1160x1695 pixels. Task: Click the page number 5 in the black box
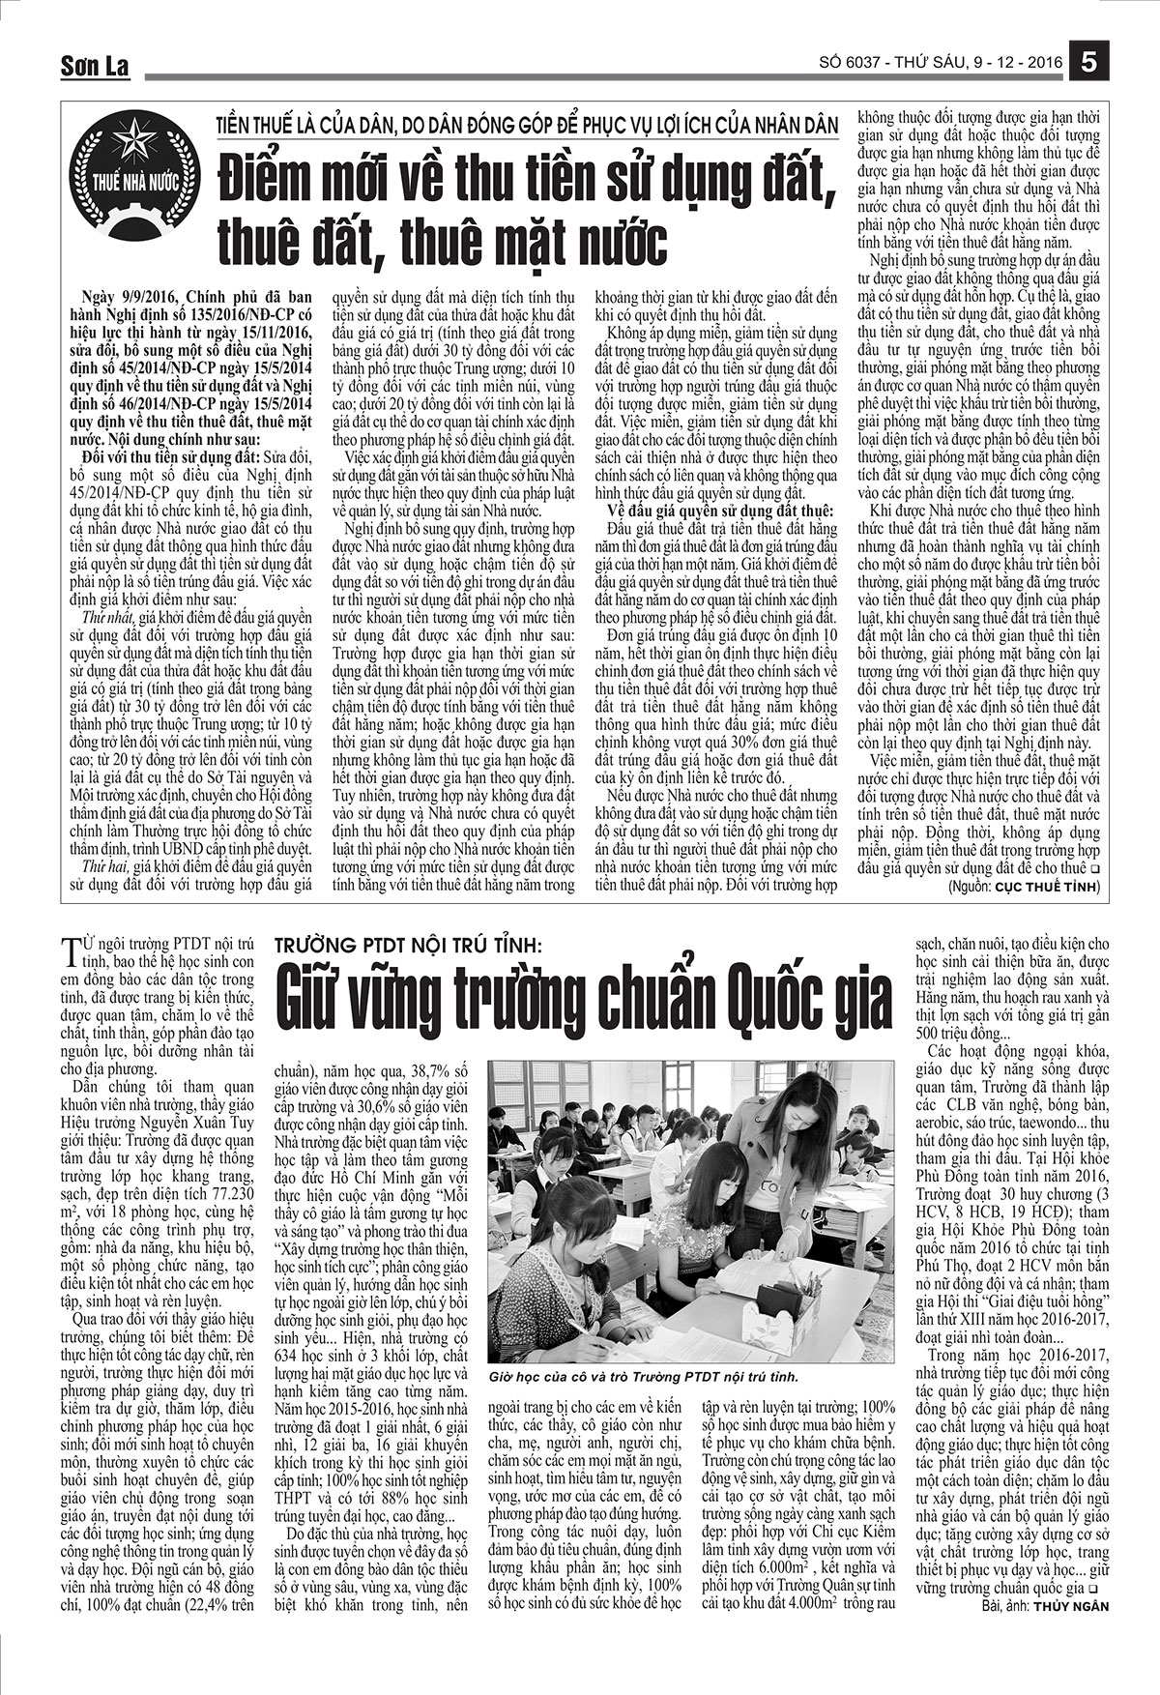point(1089,62)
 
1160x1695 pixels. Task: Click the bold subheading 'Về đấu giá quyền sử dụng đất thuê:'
point(718,511)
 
